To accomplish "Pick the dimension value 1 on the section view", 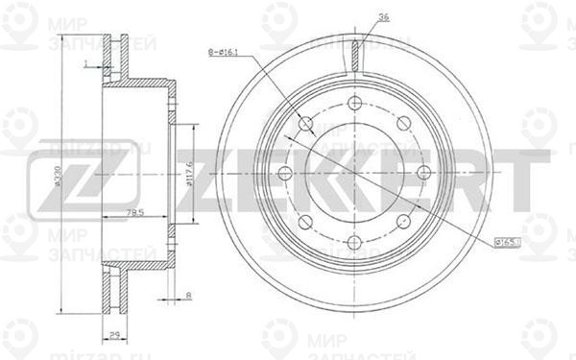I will [x=85, y=63].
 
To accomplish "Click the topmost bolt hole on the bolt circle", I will [x=354, y=103].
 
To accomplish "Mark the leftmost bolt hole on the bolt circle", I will [x=285, y=174].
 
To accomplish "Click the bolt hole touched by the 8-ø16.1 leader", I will [x=305, y=124].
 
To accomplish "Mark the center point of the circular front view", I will [x=354, y=174].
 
